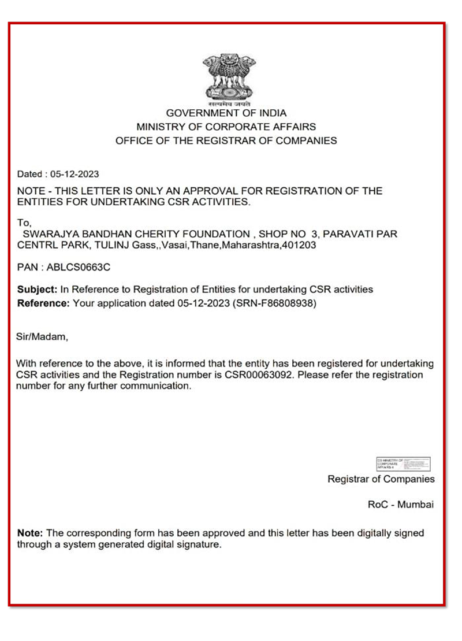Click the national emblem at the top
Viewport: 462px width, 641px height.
[x=226, y=79]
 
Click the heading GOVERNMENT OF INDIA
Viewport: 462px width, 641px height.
[x=226, y=113]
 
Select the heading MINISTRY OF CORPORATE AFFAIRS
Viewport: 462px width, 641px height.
[x=226, y=127]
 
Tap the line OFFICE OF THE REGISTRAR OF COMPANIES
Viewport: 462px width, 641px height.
[x=226, y=140]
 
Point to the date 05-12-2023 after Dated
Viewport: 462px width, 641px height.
[x=75, y=173]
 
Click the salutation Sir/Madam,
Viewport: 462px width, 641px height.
[x=42, y=336]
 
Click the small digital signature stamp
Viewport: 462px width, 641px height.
[x=403, y=464]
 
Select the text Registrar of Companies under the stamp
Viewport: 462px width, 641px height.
[x=381, y=479]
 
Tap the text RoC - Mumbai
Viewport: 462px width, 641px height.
[x=401, y=505]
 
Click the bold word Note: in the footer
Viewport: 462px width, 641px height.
[x=29, y=533]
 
